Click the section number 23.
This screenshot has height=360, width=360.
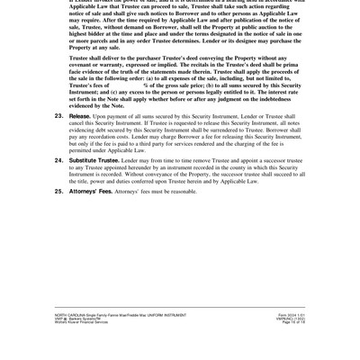pyautogui.click(x=58, y=116)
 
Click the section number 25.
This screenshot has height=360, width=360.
pyautogui.click(x=58, y=191)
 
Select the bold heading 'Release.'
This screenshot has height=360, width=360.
pyautogui.click(x=79, y=116)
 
